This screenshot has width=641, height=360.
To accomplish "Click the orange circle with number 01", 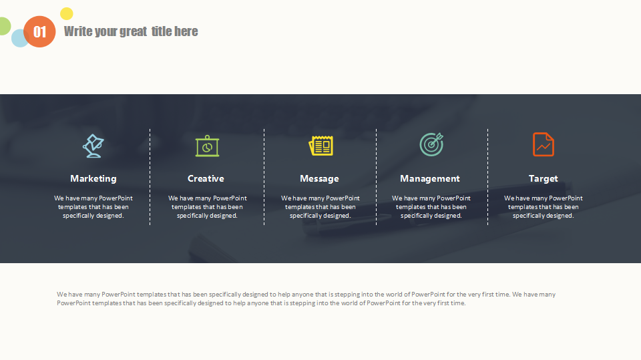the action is tap(39, 31).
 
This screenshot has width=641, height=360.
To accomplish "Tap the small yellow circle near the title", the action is tap(67, 13).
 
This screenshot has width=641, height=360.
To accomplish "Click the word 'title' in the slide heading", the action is tap(161, 31).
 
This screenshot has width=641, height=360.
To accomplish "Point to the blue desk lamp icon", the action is tap(93, 146).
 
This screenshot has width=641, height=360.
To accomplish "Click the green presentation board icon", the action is tap(207, 146).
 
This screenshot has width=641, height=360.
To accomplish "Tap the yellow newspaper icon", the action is tap(321, 146).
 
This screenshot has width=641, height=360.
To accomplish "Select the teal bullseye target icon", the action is tap(431, 144).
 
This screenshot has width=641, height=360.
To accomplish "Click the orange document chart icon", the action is tap(544, 144).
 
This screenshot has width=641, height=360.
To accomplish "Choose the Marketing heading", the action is tap(93, 179).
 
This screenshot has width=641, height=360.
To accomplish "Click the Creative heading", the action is tap(206, 178).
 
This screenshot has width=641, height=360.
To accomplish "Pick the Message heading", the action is tap(319, 179).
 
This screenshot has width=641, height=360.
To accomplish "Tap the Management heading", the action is tap(429, 179).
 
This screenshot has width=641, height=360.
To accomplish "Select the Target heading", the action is tap(543, 179).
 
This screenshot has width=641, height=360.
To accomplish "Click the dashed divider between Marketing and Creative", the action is tap(150, 177).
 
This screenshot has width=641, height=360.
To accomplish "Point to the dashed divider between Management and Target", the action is tap(487, 177).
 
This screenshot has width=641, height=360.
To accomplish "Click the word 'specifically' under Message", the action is tap(305, 216).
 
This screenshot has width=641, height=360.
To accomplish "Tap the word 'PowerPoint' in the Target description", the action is tap(566, 198).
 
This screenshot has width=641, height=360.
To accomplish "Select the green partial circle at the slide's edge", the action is tap(5, 26).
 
